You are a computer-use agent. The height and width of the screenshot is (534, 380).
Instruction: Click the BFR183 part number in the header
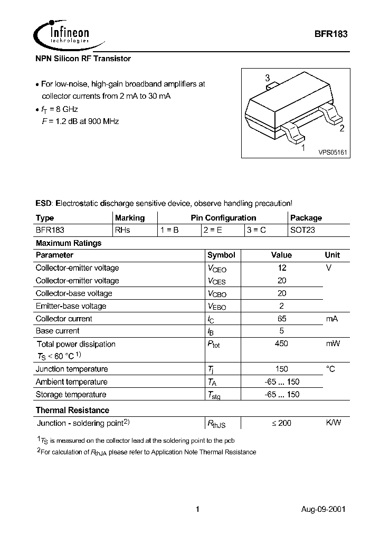pyautogui.click(x=331, y=33)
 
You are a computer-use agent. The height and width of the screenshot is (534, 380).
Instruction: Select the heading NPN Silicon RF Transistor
pyautogui.click(x=83, y=59)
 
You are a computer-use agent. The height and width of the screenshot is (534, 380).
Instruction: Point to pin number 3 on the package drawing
pyautogui.click(x=268, y=79)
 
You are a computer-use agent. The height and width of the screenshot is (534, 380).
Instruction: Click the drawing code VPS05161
pyautogui.click(x=332, y=152)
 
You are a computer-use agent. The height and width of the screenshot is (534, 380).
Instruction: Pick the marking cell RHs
pyautogui.click(x=122, y=230)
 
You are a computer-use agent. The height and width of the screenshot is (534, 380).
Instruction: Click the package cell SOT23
pyautogui.click(x=302, y=230)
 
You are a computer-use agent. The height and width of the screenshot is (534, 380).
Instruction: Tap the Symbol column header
pyautogui.click(x=221, y=255)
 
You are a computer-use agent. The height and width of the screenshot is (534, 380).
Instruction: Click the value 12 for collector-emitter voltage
pyautogui.click(x=282, y=268)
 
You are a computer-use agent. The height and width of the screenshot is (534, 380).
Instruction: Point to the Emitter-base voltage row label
pyautogui.click(x=71, y=306)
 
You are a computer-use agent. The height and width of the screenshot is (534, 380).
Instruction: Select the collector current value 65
pyautogui.click(x=282, y=319)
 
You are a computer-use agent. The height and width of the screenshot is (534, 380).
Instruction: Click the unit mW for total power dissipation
pyautogui.click(x=332, y=344)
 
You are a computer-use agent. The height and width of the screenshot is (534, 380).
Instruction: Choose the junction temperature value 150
pyautogui.click(x=282, y=369)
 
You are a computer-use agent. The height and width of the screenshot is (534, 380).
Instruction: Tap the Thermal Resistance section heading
pyautogui.click(x=72, y=410)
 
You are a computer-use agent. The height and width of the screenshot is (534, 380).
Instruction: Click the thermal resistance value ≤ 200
pyautogui.click(x=281, y=423)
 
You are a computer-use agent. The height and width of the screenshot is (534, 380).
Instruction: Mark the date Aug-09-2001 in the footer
pyautogui.click(x=324, y=509)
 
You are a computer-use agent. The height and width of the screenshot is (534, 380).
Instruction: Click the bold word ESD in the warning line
pyautogui.click(x=44, y=203)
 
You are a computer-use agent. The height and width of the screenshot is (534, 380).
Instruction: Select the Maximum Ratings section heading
pyautogui.click(x=69, y=243)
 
